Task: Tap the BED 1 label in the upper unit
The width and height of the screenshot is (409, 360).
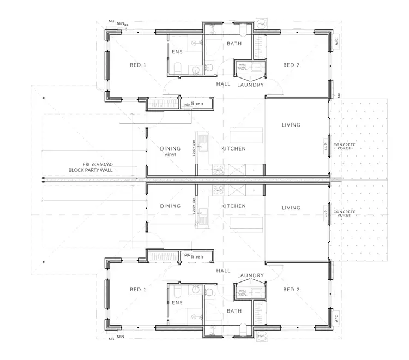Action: (x=138, y=65)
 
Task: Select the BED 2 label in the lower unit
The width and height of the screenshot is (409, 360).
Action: (x=291, y=290)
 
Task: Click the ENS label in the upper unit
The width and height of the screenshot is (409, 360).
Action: (x=177, y=52)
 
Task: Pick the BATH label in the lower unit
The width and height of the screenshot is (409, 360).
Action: (x=234, y=311)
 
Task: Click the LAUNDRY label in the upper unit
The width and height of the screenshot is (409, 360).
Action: (x=250, y=85)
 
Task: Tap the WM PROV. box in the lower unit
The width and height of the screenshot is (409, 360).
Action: (x=243, y=293)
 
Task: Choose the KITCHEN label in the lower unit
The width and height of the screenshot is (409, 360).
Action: (x=233, y=206)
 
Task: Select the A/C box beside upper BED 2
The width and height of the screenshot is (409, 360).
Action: (x=337, y=41)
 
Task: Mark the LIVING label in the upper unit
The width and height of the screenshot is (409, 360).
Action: (x=291, y=125)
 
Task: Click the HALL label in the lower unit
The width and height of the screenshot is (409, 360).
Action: (x=224, y=271)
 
